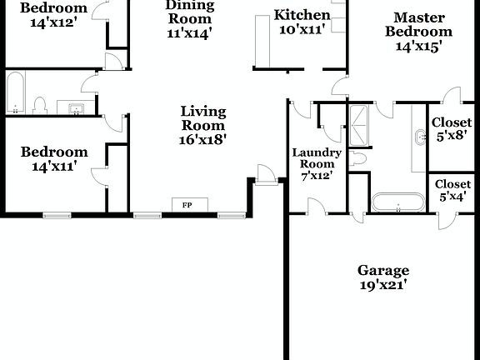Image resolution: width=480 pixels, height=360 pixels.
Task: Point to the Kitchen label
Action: [x=302, y=21]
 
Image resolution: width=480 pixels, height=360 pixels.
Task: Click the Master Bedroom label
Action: [x=418, y=31]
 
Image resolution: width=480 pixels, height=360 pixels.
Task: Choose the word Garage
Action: [x=383, y=270]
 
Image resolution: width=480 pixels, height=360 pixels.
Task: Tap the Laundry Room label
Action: [x=316, y=164]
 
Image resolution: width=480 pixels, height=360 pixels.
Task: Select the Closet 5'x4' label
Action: [x=452, y=190]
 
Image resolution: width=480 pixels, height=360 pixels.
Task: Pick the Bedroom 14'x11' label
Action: [x=54, y=158]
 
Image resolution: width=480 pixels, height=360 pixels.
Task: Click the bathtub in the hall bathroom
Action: [x=15, y=92]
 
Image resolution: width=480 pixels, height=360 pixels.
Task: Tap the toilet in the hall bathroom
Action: [x=39, y=105]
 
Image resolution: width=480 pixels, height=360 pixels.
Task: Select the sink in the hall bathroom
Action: [x=77, y=107]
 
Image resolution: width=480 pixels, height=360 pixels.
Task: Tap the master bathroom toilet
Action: [x=358, y=157]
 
